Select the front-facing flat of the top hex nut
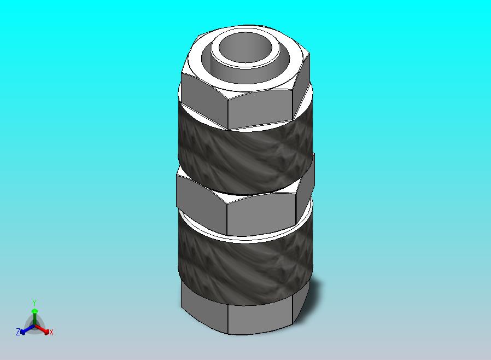click(x=260, y=110)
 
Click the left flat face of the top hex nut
click(x=204, y=100)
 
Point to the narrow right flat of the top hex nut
click(x=301, y=84)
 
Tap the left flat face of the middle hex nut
click(x=202, y=203)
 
